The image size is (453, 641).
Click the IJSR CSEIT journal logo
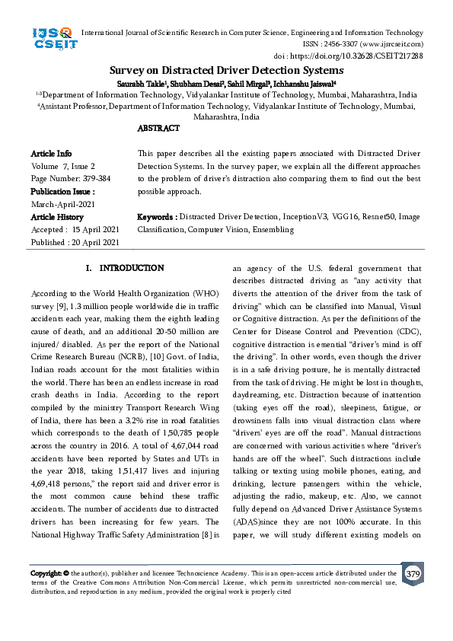pos(52,38)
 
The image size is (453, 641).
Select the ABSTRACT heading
pos(158,129)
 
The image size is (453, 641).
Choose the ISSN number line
pos(373,44)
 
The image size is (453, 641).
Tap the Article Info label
pos(52,154)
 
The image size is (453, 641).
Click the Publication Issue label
pos(62,192)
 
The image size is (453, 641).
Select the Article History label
pos(58,217)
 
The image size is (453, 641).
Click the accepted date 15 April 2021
pos(95,229)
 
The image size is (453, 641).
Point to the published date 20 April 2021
pos(95,242)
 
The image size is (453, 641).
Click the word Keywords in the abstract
pos(155,217)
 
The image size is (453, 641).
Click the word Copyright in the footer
pos(46,573)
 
